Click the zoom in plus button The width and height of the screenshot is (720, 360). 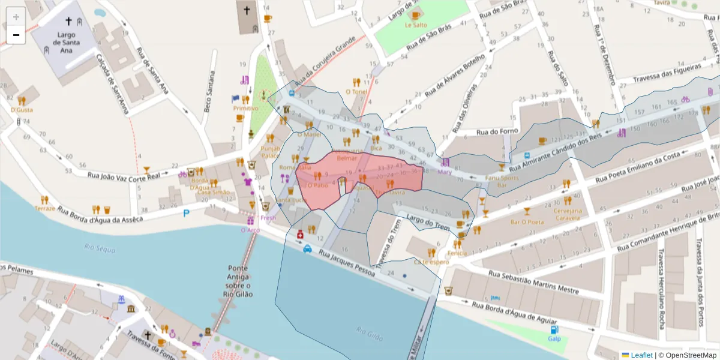point(16,16)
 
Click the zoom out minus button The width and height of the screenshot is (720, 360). point(16,35)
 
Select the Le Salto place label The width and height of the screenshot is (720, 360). point(416,25)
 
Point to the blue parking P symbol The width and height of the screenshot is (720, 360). point(186,212)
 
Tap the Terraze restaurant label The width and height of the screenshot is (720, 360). point(45,208)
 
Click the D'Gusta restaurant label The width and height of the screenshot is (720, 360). point(22,110)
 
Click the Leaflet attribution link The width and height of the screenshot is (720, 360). point(641,355)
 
